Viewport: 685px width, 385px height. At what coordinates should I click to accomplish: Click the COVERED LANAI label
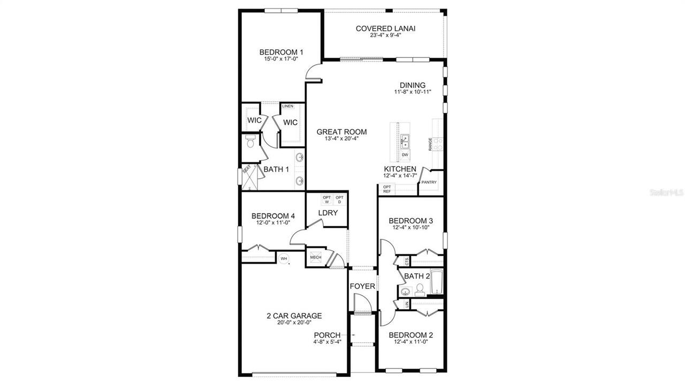(x=385, y=28)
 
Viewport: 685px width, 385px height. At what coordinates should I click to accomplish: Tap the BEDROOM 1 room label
(x=281, y=52)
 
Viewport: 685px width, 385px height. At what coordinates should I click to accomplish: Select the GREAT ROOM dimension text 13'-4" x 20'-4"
(x=341, y=138)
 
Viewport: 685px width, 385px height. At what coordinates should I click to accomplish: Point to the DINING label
(x=413, y=85)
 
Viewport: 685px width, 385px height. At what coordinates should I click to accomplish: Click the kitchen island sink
(x=405, y=141)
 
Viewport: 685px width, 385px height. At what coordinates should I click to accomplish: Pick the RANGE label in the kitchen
(x=430, y=144)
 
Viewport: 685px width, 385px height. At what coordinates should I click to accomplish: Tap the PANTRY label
(x=429, y=182)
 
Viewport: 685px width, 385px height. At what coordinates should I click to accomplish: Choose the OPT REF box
(x=386, y=189)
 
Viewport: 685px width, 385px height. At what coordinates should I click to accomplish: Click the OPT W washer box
(x=326, y=200)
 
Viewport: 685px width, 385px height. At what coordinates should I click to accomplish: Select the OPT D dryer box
(x=339, y=200)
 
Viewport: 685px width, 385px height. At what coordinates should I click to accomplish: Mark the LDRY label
(x=328, y=213)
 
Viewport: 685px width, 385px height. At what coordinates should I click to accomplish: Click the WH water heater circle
(x=284, y=259)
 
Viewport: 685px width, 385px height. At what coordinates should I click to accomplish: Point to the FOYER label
(x=362, y=286)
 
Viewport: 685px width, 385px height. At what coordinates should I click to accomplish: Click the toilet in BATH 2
(x=420, y=289)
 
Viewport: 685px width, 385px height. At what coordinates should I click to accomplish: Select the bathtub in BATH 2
(x=437, y=282)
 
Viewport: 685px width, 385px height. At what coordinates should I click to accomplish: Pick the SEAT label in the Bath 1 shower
(x=247, y=169)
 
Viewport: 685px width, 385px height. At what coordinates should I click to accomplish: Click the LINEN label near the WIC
(x=287, y=106)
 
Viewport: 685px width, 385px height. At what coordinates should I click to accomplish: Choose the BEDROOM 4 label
(x=273, y=216)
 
